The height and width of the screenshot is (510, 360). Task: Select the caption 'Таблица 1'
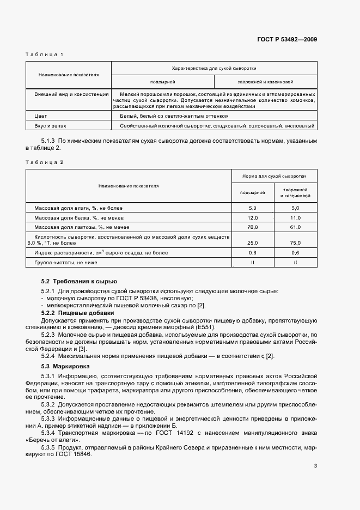[45, 54]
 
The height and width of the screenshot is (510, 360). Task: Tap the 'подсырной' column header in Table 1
[162, 82]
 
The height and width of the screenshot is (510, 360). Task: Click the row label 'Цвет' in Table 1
[41, 116]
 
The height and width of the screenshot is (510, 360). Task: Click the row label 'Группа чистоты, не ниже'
[62, 263]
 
